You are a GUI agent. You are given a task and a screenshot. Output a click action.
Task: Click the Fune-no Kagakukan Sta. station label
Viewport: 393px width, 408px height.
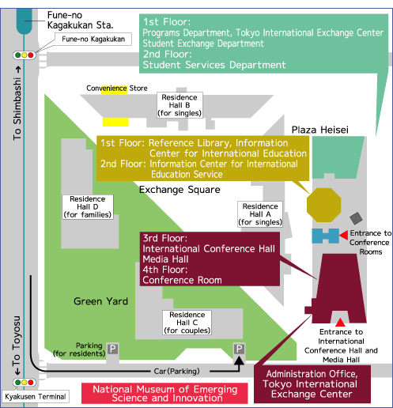point(80,20)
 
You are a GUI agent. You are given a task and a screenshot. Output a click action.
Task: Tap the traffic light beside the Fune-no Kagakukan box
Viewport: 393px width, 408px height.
point(25,55)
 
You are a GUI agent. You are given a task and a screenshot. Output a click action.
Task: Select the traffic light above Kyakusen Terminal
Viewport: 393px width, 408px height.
point(25,382)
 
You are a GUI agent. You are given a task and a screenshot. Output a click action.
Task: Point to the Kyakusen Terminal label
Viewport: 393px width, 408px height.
point(36,397)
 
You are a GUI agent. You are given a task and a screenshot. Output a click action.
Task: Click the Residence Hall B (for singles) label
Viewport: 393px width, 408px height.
point(179,105)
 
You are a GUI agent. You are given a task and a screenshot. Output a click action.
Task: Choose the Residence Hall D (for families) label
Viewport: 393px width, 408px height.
point(88,207)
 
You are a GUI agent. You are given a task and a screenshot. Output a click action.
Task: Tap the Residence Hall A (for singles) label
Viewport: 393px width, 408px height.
point(260,214)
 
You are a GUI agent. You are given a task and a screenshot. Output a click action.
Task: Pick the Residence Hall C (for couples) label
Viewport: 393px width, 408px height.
point(187,323)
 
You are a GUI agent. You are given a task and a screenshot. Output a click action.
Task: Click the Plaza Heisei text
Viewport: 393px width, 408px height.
point(320,130)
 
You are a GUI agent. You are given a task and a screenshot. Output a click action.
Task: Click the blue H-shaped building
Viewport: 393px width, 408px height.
point(326,236)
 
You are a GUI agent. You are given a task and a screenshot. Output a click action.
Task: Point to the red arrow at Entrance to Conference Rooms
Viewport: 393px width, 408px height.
point(343,235)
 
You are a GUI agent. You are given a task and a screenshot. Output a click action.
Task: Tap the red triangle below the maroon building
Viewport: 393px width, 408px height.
point(340,323)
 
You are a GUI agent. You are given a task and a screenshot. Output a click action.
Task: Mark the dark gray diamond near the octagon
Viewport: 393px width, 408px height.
point(356,218)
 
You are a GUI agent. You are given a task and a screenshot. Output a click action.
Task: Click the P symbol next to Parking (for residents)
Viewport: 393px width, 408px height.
point(112,349)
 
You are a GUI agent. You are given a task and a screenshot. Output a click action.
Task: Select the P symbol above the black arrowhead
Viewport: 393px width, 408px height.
point(239,349)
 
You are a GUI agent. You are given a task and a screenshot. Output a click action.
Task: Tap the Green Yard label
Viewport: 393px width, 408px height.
point(100,301)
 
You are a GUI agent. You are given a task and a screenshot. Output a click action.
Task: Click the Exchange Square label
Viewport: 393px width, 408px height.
point(179,190)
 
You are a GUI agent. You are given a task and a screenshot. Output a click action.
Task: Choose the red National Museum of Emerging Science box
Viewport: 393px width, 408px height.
point(164,393)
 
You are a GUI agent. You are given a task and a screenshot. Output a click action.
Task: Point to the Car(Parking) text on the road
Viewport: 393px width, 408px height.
point(176,372)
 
